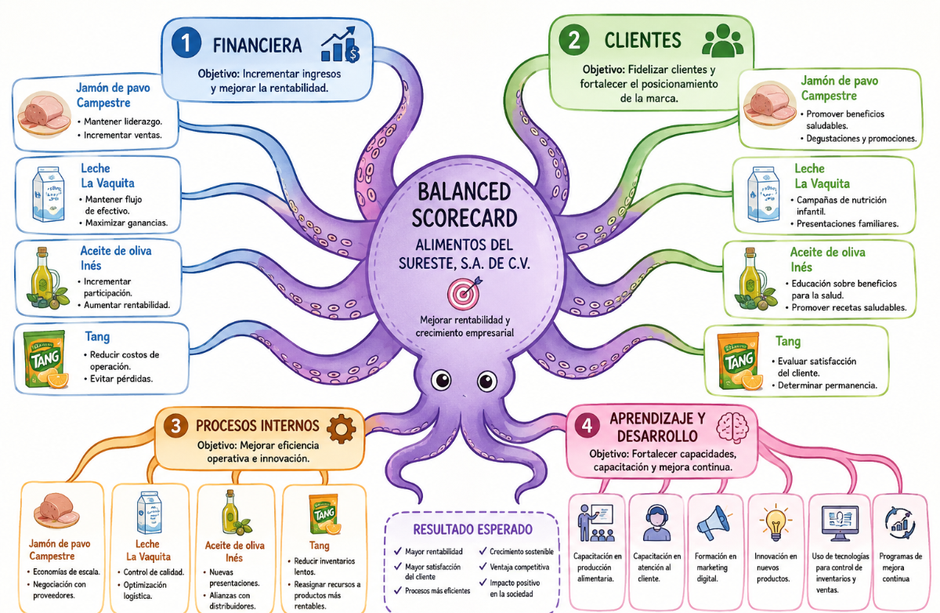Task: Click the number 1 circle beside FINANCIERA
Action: [x=186, y=42]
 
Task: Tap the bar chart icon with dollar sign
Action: [x=340, y=45]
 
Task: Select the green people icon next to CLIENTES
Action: [x=722, y=40]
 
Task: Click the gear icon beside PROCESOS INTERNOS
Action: [x=341, y=429]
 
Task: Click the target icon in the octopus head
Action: [x=464, y=292]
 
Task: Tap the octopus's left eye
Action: [x=441, y=380]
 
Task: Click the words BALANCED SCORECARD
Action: [x=464, y=205]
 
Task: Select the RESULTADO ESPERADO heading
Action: [x=473, y=529]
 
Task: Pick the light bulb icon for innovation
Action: [x=775, y=522]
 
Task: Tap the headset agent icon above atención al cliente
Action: [x=656, y=523]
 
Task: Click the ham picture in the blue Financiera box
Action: [x=45, y=114]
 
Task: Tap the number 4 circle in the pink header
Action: [x=587, y=426]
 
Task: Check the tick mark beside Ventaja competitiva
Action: [x=483, y=567]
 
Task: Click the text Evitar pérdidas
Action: [x=121, y=379]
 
